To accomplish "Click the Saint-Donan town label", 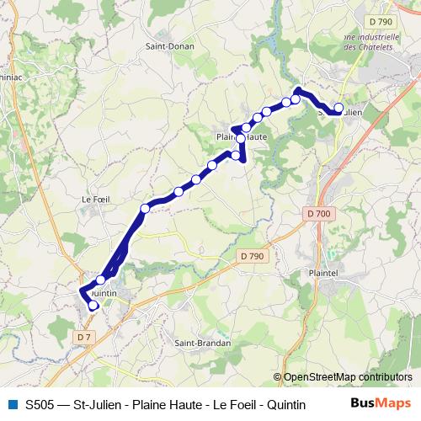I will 170,47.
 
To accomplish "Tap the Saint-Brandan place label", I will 196,343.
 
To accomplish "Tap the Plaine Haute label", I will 242,136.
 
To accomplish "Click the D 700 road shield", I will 319,214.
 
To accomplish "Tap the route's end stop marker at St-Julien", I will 339,108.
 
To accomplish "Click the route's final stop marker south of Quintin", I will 93,306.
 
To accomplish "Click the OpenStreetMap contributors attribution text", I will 347,377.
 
